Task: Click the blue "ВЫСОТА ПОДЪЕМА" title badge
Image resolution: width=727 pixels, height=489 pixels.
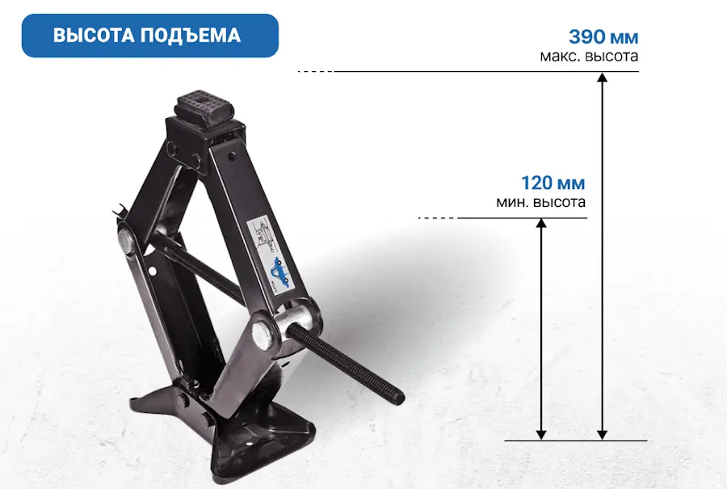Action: pyautogui.click(x=149, y=36)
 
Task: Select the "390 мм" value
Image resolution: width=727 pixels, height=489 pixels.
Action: pyautogui.click(x=603, y=36)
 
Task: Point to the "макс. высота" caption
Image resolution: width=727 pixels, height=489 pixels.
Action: pyautogui.click(x=589, y=56)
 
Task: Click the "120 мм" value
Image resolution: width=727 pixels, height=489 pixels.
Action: pyautogui.click(x=553, y=183)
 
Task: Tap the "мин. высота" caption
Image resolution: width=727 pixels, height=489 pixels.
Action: pyautogui.click(x=540, y=202)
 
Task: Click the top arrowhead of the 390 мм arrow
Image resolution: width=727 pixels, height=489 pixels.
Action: pyautogui.click(x=602, y=77)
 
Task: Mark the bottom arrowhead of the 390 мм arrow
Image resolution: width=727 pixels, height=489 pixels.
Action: pyautogui.click(x=602, y=435)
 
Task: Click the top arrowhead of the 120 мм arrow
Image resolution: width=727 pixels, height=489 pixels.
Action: pyautogui.click(x=541, y=223)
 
